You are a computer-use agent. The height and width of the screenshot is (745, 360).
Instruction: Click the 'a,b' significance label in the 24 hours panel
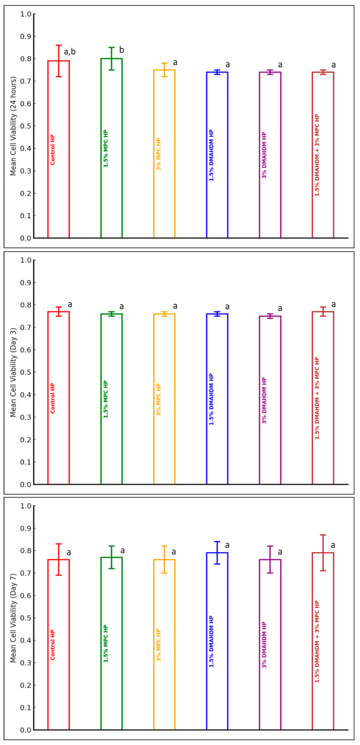click(70, 52)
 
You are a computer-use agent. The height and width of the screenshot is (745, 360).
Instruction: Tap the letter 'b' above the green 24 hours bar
click(122, 50)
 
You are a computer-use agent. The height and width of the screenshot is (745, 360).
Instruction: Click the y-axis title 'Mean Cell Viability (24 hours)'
click(13, 126)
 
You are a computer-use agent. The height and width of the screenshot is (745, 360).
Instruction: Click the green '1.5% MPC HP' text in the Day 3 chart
click(106, 399)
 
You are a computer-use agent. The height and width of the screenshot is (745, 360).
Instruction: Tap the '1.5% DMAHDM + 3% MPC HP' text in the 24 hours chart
click(317, 155)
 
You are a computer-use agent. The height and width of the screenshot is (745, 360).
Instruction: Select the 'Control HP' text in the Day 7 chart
click(52, 645)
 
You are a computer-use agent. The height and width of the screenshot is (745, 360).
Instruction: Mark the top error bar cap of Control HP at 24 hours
click(58, 45)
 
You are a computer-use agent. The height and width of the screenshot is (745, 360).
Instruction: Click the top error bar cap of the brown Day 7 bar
click(323, 535)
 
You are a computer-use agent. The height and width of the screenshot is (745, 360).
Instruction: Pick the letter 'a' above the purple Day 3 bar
click(280, 308)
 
